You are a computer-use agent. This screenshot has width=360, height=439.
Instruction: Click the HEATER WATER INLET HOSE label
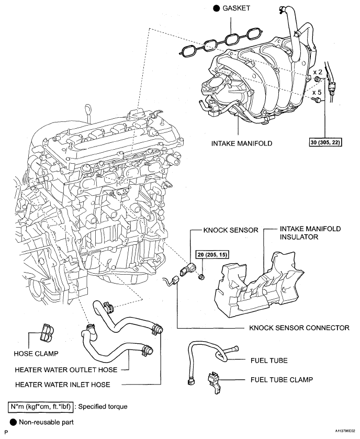[x=63, y=385]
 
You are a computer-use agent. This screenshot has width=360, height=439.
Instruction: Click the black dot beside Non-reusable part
[x=13, y=421]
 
